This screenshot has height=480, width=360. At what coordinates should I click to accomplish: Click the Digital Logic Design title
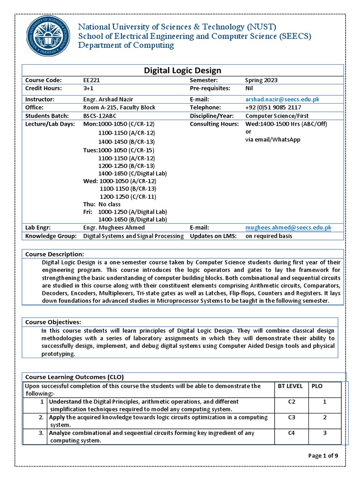(182, 70)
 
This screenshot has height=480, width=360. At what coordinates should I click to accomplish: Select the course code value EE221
(91, 80)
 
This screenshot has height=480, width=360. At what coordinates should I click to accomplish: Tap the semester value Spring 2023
(261, 80)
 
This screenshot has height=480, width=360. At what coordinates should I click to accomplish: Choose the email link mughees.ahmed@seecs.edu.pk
(288, 227)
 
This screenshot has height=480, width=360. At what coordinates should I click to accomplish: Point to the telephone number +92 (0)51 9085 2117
(273, 107)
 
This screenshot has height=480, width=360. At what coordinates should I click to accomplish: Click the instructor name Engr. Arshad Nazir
(108, 99)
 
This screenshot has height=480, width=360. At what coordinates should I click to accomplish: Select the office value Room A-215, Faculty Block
(119, 107)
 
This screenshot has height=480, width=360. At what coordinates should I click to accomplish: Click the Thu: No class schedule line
(102, 204)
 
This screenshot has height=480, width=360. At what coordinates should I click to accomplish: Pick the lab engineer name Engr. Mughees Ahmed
(114, 227)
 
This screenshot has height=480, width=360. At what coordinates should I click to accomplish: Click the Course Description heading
(54, 254)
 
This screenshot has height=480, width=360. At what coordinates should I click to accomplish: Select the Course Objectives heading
(53, 322)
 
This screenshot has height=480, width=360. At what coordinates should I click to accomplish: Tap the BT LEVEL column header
(292, 386)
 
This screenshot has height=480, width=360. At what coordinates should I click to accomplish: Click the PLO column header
(317, 386)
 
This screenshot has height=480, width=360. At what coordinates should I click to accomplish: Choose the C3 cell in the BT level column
(291, 417)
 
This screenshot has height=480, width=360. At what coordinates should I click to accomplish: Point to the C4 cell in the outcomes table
(291, 433)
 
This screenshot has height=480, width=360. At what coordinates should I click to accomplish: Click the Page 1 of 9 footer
(323, 456)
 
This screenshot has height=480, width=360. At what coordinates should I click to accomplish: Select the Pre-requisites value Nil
(249, 88)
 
